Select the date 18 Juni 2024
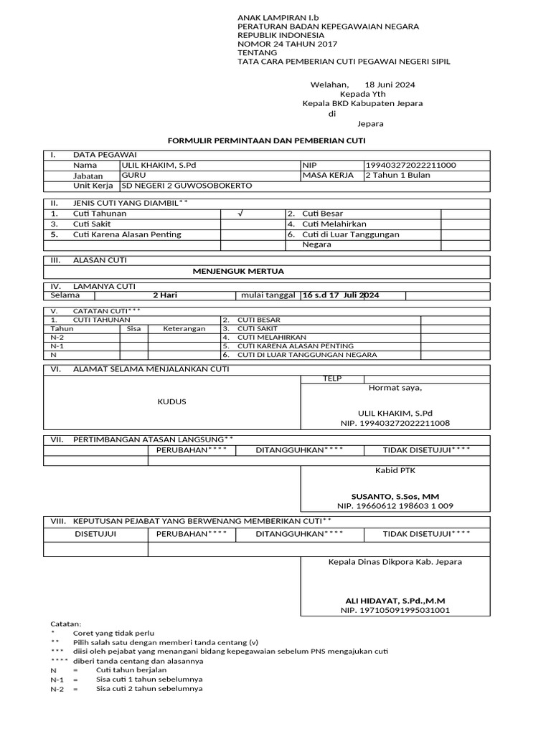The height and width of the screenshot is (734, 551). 390,85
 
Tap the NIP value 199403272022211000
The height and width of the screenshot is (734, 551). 410,166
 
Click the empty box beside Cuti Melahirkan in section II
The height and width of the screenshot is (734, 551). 465,224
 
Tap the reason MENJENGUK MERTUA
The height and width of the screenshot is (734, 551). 238,272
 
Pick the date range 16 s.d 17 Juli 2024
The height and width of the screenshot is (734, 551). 341,295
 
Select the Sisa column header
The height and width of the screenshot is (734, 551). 133,329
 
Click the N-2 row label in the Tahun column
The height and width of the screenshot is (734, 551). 57,337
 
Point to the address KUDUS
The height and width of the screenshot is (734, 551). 171,401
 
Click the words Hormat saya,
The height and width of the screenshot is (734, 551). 395,389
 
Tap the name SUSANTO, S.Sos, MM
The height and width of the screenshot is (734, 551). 395,496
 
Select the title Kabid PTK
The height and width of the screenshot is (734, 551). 395,471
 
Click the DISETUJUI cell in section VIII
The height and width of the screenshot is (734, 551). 95,534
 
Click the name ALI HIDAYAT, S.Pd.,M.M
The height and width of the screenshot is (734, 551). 395,601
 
